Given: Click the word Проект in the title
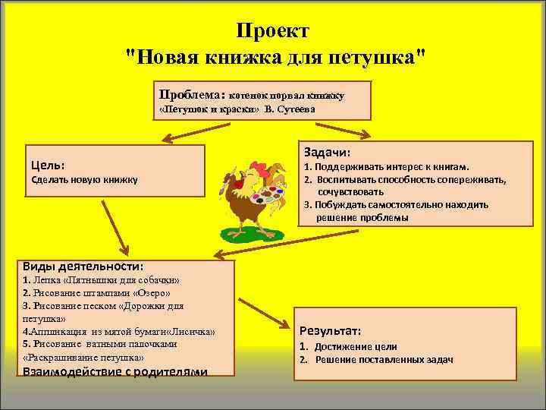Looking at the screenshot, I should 272,31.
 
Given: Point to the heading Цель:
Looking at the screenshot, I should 47,164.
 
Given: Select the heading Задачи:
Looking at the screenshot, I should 327,151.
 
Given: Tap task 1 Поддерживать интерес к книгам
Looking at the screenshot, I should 387,166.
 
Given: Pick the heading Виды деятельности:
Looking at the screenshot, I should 83,266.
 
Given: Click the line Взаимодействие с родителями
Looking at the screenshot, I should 115,371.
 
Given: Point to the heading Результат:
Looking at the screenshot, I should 330,331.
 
